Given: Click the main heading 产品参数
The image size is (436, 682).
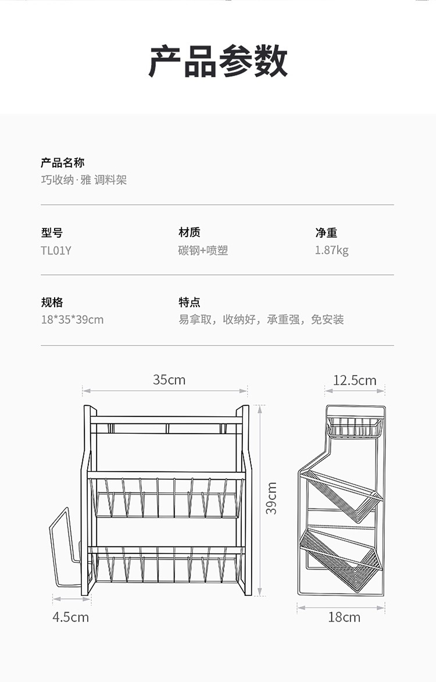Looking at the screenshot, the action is (x=218, y=61).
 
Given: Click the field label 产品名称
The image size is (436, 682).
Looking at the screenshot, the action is (x=62, y=163).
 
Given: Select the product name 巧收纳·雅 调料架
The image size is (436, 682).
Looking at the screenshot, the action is (x=83, y=180).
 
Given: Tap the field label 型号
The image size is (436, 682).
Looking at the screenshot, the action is (x=52, y=233).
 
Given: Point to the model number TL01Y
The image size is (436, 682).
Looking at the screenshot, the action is (x=56, y=251).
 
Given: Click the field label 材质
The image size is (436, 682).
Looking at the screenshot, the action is (x=189, y=233).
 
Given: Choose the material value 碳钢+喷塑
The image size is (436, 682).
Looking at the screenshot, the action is (x=203, y=251).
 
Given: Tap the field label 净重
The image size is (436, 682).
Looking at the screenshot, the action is (x=326, y=233).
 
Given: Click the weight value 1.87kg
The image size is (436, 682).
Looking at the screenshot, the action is (x=331, y=251).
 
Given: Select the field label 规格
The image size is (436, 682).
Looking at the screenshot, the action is (x=52, y=302).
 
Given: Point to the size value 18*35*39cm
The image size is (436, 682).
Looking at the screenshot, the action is (x=72, y=320).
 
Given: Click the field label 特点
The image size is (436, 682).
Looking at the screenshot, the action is (x=189, y=302).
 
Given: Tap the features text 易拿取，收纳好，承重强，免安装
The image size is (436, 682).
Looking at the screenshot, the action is (x=261, y=320).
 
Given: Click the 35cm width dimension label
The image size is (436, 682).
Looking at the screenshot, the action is (x=169, y=380).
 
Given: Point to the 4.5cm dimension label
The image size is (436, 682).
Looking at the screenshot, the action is (x=71, y=617).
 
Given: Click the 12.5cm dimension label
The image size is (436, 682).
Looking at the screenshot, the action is (x=355, y=381).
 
